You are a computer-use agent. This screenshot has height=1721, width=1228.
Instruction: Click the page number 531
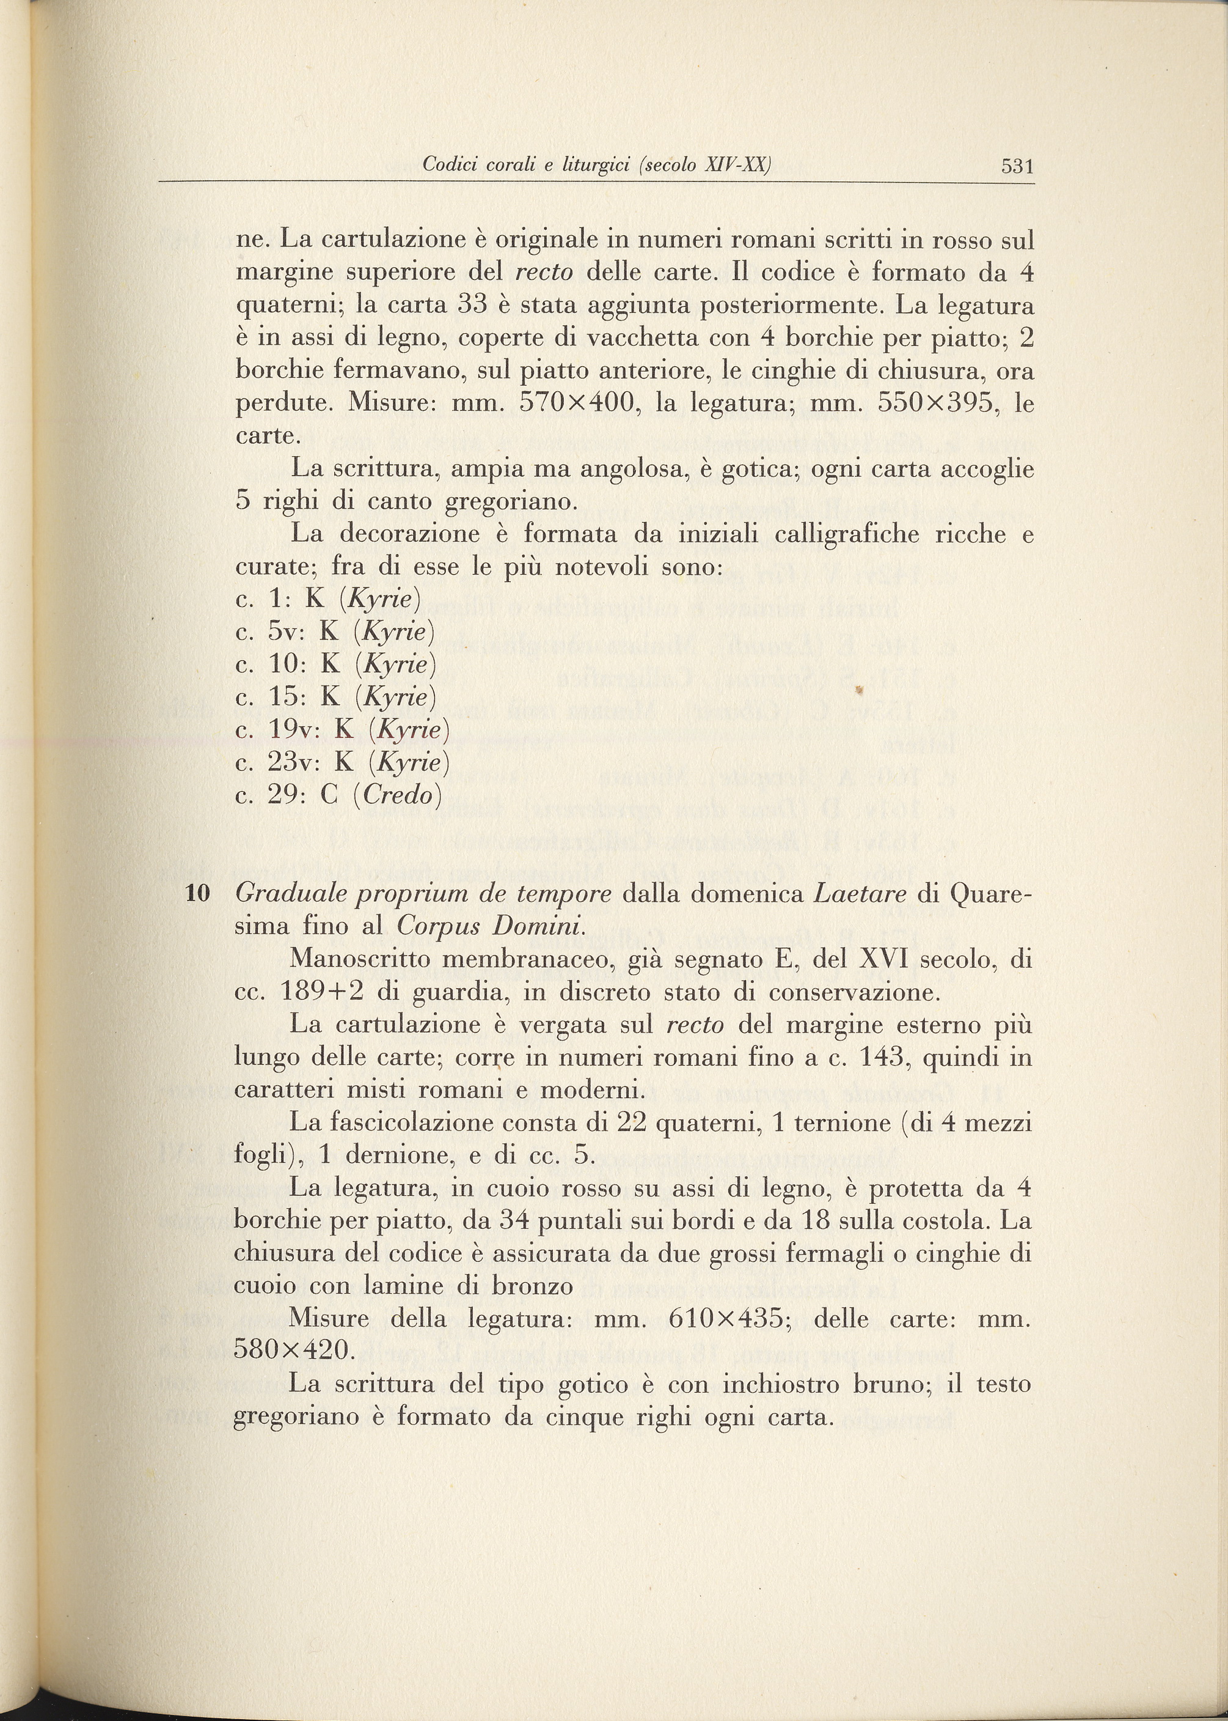click(1017, 166)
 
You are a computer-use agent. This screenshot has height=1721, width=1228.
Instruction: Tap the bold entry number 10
click(197, 894)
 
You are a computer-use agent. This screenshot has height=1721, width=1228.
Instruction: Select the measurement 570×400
click(576, 404)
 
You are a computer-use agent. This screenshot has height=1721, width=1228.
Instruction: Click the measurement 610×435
click(725, 1319)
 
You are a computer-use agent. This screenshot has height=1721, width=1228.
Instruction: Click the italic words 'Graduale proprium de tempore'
click(423, 894)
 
